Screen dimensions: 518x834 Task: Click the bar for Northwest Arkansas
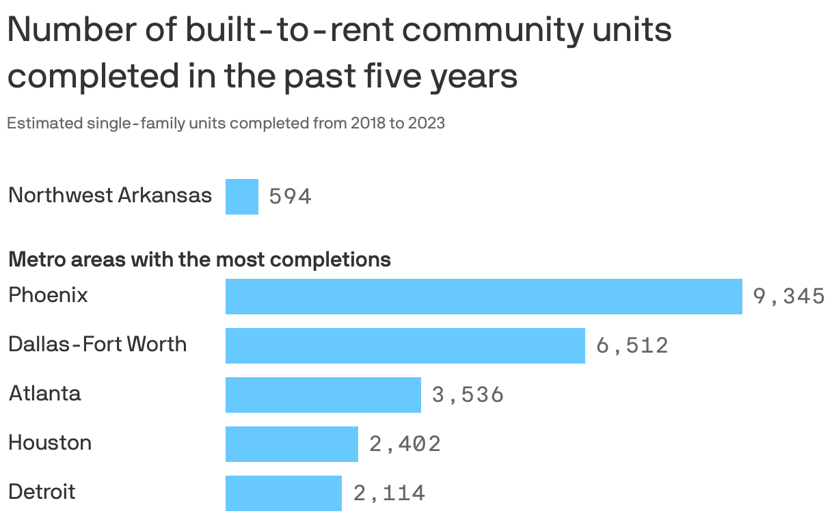click(x=242, y=197)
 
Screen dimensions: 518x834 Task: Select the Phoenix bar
click(x=483, y=297)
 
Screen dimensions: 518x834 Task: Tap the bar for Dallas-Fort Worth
click(x=405, y=346)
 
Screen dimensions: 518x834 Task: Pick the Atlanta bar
click(x=323, y=395)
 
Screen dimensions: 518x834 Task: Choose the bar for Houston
click(x=291, y=444)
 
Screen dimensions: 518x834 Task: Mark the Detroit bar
click(x=283, y=493)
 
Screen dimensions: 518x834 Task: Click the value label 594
click(x=291, y=197)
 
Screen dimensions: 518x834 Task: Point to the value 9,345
click(x=789, y=297)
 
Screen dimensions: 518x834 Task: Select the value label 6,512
click(x=632, y=346)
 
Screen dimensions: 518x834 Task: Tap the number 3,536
click(x=468, y=395)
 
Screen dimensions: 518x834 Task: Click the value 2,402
click(x=405, y=444)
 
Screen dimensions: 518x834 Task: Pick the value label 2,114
click(x=389, y=493)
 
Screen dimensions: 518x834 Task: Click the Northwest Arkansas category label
click(x=109, y=195)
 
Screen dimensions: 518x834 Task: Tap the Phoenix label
click(x=48, y=295)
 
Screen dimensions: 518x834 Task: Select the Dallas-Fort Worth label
click(x=97, y=344)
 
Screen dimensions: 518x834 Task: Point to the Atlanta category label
click(x=44, y=394)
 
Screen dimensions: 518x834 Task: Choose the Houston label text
click(x=50, y=443)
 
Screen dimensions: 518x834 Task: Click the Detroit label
click(x=42, y=492)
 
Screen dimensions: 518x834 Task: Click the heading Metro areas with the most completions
click(x=199, y=260)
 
